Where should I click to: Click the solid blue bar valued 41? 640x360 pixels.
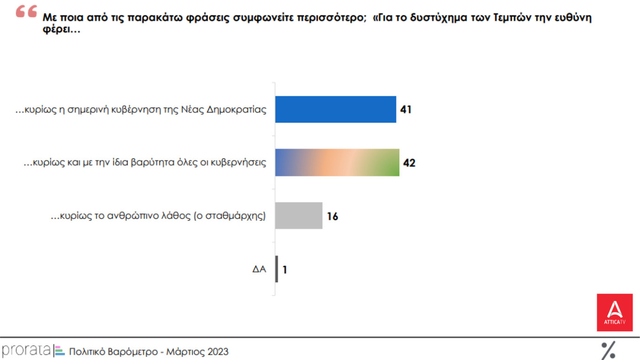336,109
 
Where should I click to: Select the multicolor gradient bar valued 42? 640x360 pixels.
337,163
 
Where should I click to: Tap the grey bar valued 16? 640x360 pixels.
299,216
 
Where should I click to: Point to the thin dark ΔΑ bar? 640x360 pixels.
277,269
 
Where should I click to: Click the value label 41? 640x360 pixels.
406,110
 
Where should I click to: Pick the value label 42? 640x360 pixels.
409,163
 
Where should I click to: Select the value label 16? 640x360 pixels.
332,216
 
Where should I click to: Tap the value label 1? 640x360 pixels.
285,270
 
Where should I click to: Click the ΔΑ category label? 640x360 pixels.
259,270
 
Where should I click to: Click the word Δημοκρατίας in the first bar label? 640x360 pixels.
237,110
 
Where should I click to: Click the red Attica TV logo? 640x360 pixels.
615,312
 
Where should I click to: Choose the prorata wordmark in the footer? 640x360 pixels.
26,351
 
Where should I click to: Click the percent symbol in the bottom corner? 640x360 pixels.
608,351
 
